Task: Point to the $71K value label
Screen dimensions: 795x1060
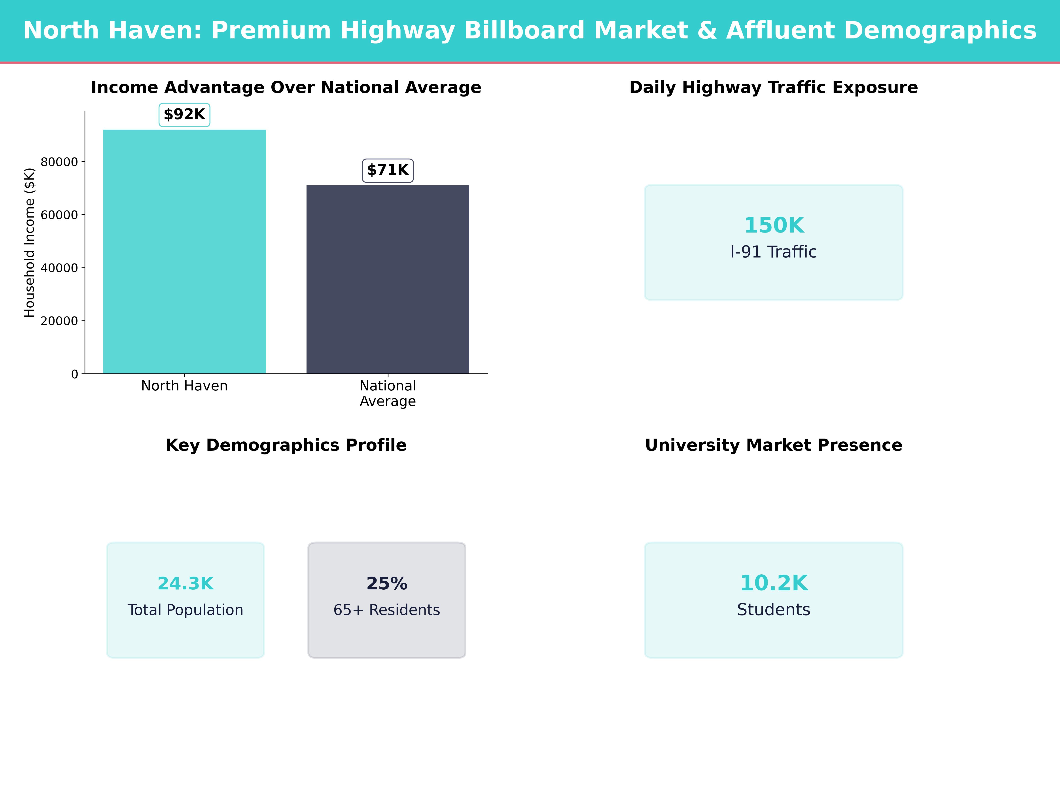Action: (388, 170)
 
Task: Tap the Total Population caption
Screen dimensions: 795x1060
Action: (185, 610)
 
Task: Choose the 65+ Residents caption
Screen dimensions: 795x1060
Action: (387, 610)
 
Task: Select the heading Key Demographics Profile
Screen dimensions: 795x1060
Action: (286, 445)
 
